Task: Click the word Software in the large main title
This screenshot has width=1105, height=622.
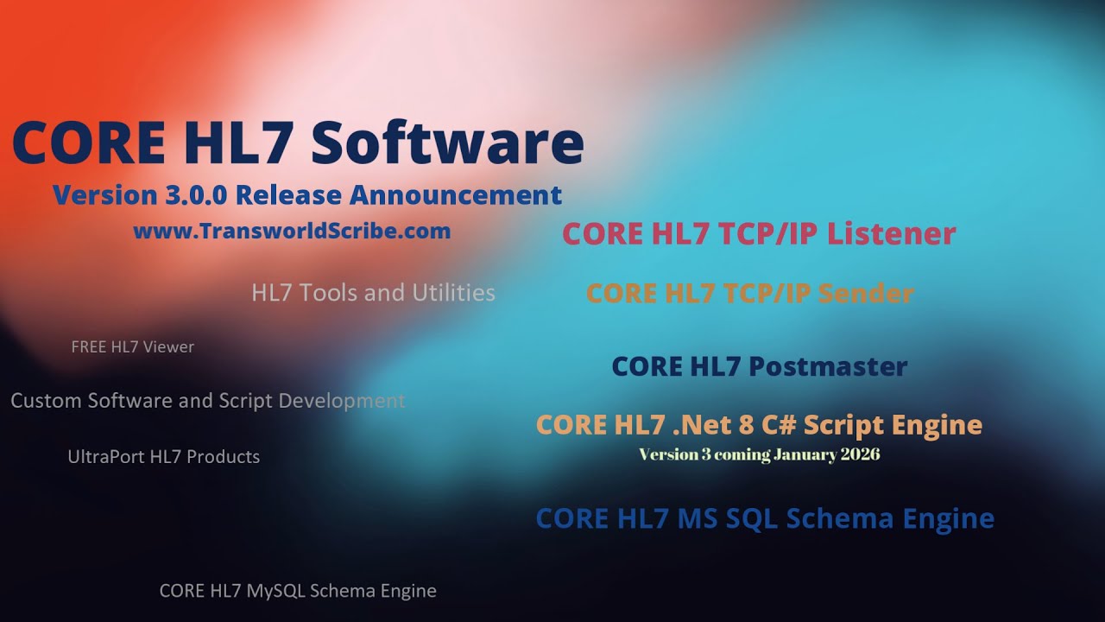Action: click(447, 143)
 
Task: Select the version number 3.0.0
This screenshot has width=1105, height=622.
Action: click(194, 195)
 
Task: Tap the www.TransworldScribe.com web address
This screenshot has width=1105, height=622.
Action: click(292, 232)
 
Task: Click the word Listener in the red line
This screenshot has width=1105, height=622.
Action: click(891, 234)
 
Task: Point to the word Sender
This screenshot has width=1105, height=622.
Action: click(866, 294)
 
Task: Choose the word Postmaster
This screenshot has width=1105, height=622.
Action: click(827, 366)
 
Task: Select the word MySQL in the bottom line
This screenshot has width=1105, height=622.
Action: click(275, 592)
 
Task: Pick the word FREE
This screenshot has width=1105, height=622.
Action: click(89, 347)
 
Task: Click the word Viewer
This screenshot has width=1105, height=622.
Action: click(169, 347)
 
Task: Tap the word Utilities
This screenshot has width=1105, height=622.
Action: click(453, 293)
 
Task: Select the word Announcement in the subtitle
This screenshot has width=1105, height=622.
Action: click(455, 195)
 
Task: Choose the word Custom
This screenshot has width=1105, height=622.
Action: click(43, 401)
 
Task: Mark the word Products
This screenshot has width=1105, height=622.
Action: click(224, 457)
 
